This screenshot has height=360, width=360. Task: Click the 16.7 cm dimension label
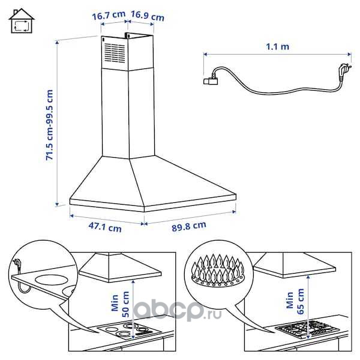109,16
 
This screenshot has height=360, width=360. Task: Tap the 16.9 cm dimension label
148,16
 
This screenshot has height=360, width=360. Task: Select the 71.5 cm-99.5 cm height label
50,125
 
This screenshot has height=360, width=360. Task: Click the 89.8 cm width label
189,226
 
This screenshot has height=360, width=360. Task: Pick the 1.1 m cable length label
277,47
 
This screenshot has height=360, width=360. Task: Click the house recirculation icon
22,21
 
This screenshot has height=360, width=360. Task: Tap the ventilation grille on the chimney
115,53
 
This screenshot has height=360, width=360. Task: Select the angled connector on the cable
211,80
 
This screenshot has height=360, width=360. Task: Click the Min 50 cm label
121,304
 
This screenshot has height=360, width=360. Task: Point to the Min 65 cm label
295,301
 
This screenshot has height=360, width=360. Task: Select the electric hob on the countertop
128,331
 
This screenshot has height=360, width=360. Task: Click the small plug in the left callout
17,263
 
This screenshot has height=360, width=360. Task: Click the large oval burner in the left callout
52,281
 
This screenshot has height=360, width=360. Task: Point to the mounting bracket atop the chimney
127,35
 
